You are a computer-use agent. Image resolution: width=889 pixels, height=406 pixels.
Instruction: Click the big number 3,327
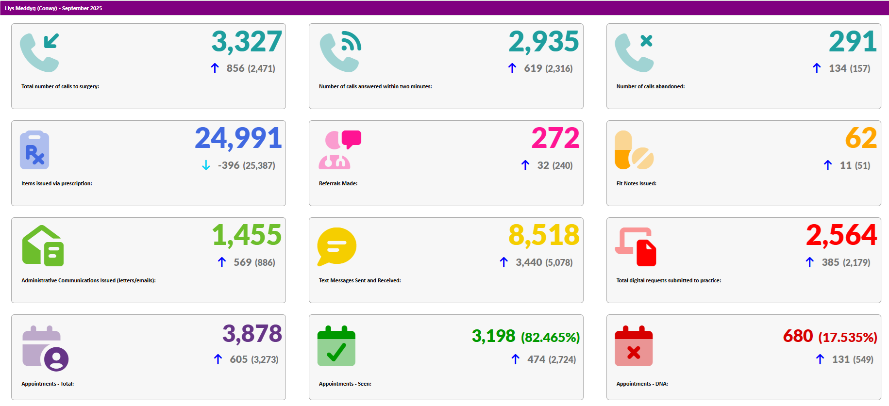(x=246, y=42)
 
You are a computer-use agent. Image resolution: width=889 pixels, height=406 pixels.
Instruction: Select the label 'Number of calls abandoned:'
(x=650, y=86)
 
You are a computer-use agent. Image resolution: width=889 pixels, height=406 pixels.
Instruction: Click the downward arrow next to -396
(x=206, y=165)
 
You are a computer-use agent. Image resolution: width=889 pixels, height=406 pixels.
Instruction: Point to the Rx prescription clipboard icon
(x=34, y=150)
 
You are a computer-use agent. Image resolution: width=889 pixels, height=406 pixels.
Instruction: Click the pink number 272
(x=555, y=138)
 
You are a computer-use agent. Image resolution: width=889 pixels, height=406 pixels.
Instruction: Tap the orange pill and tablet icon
(x=634, y=150)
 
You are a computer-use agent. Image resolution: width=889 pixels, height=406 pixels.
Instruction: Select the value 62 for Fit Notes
(x=860, y=138)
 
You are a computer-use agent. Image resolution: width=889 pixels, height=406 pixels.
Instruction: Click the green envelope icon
(x=43, y=246)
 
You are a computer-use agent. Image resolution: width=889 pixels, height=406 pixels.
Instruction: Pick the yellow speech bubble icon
(x=336, y=246)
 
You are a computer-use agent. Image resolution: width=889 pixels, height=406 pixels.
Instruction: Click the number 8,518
(x=543, y=235)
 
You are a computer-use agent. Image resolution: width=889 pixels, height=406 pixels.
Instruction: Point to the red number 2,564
(x=841, y=235)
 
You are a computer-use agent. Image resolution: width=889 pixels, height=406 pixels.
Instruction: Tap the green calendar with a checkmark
(x=336, y=346)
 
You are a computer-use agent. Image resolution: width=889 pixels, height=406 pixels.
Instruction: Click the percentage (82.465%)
(x=550, y=337)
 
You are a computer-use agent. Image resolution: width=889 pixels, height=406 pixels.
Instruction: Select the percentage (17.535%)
(x=848, y=337)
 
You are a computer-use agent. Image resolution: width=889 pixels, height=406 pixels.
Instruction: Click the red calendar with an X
(x=634, y=346)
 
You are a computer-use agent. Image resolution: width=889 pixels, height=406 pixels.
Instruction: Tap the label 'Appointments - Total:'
(x=48, y=384)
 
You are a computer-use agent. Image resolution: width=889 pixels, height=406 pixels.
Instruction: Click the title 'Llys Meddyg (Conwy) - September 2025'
(x=53, y=8)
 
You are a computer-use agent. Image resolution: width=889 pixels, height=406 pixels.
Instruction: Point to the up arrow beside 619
(x=512, y=68)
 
